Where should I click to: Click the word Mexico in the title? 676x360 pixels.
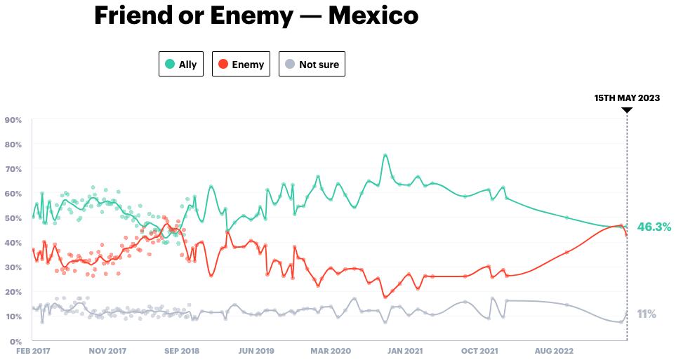pos(373,15)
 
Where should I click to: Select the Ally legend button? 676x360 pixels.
pos(180,64)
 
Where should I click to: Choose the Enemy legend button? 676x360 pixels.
pos(241,64)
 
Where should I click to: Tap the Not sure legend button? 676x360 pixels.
pos(312,64)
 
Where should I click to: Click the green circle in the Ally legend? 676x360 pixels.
pos(170,64)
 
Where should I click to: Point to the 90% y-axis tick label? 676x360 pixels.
pos(13,120)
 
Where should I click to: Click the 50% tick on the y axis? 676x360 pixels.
pos(13,218)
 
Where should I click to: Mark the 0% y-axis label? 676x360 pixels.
pos(16,341)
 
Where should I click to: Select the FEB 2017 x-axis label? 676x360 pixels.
pos(32,350)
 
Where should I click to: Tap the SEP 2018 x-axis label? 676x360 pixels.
pos(182,350)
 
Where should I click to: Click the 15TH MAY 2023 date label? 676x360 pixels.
pos(627,98)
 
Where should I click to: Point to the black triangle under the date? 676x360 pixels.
pos(627,110)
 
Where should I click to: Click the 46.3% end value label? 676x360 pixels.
pos(654,227)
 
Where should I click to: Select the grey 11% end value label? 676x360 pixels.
pos(646,314)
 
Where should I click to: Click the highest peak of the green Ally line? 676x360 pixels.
pos(385,155)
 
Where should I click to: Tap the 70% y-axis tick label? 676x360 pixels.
pos(13,169)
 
